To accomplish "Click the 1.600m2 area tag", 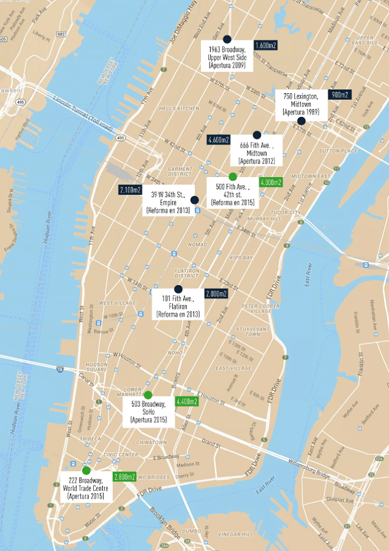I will pyautogui.click(x=265, y=45).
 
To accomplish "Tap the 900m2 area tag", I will pyautogui.click(x=340, y=95).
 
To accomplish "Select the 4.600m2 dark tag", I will pyautogui.click(x=219, y=139).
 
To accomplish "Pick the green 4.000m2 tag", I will pyautogui.click(x=270, y=182).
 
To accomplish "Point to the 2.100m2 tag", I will pyautogui.click(x=130, y=190).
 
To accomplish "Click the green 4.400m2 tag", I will pyautogui.click(x=186, y=401).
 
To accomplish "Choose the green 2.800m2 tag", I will pyautogui.click(x=124, y=476).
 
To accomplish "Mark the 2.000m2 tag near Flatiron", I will pyautogui.click(x=216, y=294).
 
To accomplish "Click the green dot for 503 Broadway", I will pyautogui.click(x=148, y=395).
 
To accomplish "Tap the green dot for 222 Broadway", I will pyautogui.click(x=86, y=470).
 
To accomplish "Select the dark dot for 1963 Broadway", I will pyautogui.click(x=227, y=39).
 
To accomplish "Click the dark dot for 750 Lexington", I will pyautogui.click(x=301, y=121).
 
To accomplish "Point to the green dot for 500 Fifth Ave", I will pyautogui.click(x=233, y=177).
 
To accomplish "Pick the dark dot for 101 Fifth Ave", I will pyautogui.click(x=178, y=289).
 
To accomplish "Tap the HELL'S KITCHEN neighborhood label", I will pyautogui.click(x=179, y=108).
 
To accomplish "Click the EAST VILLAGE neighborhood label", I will pyautogui.click(x=233, y=368).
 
